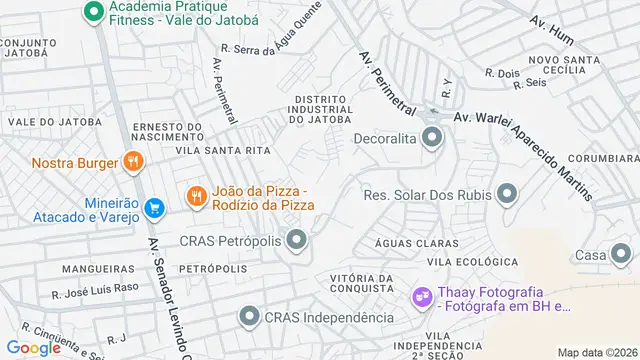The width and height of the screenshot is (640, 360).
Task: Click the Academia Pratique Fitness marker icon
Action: [93, 12]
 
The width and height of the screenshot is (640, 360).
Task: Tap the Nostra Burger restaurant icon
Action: [132, 162]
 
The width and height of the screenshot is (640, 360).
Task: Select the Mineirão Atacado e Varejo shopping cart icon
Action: [153, 208]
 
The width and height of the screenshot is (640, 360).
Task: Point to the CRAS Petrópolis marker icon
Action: [296, 240]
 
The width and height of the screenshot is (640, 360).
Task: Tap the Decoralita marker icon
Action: [431, 138]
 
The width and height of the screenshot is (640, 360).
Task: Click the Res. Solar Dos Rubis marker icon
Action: [507, 194]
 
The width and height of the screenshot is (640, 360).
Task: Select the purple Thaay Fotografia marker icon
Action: [422, 297]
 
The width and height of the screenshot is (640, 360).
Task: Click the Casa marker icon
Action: [622, 256]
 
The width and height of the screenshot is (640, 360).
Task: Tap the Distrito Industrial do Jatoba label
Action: [321, 109]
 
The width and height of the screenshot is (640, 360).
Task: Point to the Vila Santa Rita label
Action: [223, 150]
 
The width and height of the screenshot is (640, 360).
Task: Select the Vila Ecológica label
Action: [462, 262]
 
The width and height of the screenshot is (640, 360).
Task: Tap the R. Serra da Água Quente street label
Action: [271, 47]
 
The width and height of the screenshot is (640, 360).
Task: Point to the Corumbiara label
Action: [604, 158]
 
